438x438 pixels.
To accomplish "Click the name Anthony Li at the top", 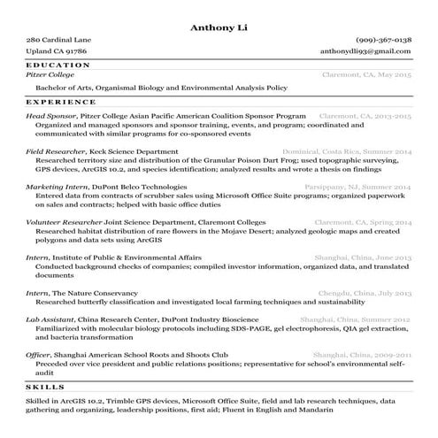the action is (219, 27).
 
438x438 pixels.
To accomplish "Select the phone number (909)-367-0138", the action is (384, 41).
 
